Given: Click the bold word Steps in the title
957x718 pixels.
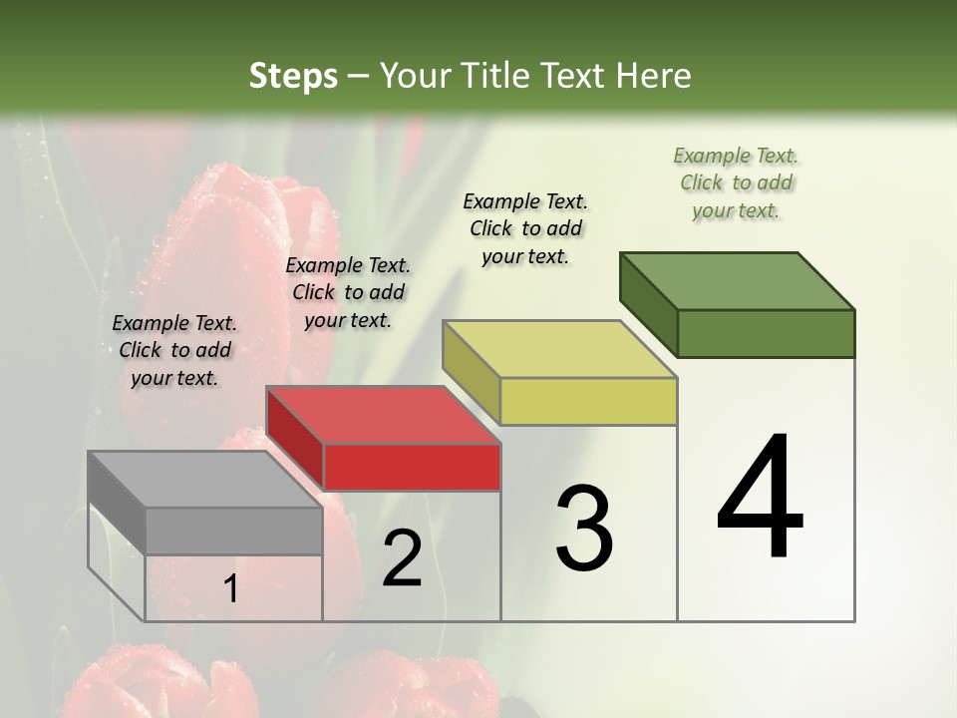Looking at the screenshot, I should pyautogui.click(x=293, y=76).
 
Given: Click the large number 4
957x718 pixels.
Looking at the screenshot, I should pyautogui.click(x=760, y=499).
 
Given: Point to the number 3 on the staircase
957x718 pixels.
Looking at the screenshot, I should pyautogui.click(x=584, y=529).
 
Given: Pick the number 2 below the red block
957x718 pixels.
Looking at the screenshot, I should pyautogui.click(x=402, y=558).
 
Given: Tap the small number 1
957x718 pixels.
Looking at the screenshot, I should pyautogui.click(x=230, y=589).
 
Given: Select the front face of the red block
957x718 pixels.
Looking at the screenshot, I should pyautogui.click(x=412, y=467).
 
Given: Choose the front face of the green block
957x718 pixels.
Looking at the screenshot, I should pyautogui.click(x=766, y=333).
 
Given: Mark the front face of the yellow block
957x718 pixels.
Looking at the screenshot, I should pyautogui.click(x=588, y=401).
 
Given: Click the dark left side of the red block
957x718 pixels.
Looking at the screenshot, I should pyautogui.click(x=295, y=439).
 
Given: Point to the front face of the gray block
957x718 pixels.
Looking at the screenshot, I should pyautogui.click(x=234, y=531).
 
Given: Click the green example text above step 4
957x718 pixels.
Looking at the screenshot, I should pyautogui.click(x=737, y=183).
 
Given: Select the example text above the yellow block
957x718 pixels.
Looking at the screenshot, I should pyautogui.click(x=525, y=228).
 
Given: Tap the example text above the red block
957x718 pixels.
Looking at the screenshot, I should pyautogui.click(x=348, y=292).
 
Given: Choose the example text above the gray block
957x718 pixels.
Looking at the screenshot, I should pyautogui.click(x=174, y=350).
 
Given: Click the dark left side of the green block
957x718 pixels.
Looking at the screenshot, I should pyautogui.click(x=649, y=304).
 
